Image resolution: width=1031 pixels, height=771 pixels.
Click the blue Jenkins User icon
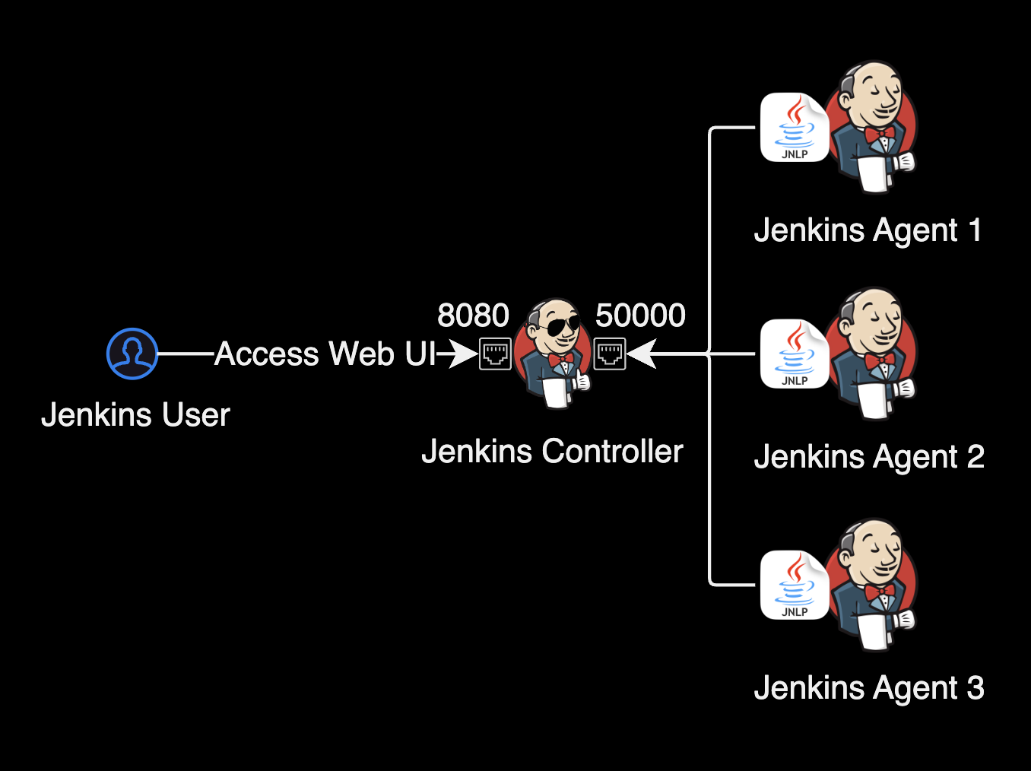[132, 354]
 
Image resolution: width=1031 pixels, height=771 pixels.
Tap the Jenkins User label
[135, 415]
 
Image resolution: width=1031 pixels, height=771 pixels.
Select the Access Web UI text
[325, 354]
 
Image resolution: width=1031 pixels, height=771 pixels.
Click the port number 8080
[473, 315]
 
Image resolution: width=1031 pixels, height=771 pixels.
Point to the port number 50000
[640, 315]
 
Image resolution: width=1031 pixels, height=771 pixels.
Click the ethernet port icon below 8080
[495, 354]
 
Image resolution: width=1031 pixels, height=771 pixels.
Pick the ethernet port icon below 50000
[610, 354]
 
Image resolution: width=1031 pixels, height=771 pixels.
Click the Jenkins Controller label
[552, 452]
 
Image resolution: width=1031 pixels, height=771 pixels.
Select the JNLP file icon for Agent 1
[795, 128]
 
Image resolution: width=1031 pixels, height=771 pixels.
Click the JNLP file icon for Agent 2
[795, 354]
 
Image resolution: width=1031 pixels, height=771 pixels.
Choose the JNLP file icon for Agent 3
[795, 585]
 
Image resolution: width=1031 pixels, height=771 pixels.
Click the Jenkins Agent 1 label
[868, 230]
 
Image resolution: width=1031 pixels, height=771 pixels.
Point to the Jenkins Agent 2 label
[869, 457]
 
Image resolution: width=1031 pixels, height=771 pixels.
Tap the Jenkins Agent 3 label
[869, 688]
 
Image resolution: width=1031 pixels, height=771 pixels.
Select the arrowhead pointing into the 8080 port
[464, 354]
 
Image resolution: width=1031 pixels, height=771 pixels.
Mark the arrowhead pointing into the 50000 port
[641, 354]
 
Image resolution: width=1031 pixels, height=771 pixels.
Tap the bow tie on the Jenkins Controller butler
[561, 358]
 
